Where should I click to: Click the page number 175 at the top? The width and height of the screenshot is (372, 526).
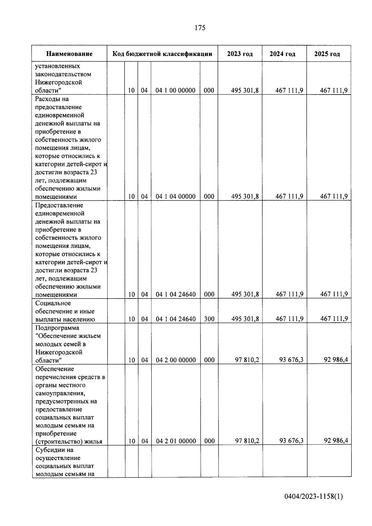(x=200, y=28)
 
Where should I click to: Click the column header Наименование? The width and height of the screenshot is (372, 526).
(x=69, y=54)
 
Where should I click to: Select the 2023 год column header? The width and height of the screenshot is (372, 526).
(x=240, y=54)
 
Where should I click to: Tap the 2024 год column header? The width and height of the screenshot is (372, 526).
(x=282, y=54)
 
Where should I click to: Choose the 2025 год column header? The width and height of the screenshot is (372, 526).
(x=327, y=54)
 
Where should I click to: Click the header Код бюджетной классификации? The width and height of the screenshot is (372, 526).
(x=162, y=54)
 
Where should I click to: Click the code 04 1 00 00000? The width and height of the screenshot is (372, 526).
(x=175, y=91)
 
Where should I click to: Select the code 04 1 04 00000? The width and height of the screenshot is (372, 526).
(x=175, y=197)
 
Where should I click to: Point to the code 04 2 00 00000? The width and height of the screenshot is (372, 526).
(x=176, y=360)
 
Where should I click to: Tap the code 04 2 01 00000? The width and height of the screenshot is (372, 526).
(x=176, y=441)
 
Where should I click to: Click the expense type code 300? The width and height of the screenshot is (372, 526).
(x=209, y=319)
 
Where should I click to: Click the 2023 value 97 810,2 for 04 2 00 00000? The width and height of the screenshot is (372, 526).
(x=247, y=360)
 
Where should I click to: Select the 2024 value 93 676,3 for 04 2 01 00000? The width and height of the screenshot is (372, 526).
(x=291, y=441)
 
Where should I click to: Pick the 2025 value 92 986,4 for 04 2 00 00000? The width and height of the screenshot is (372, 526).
(x=336, y=360)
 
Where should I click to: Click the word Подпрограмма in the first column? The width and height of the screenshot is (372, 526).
(x=57, y=328)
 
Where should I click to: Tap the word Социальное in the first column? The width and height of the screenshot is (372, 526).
(x=53, y=303)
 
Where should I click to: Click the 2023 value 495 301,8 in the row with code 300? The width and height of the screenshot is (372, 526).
(x=245, y=319)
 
